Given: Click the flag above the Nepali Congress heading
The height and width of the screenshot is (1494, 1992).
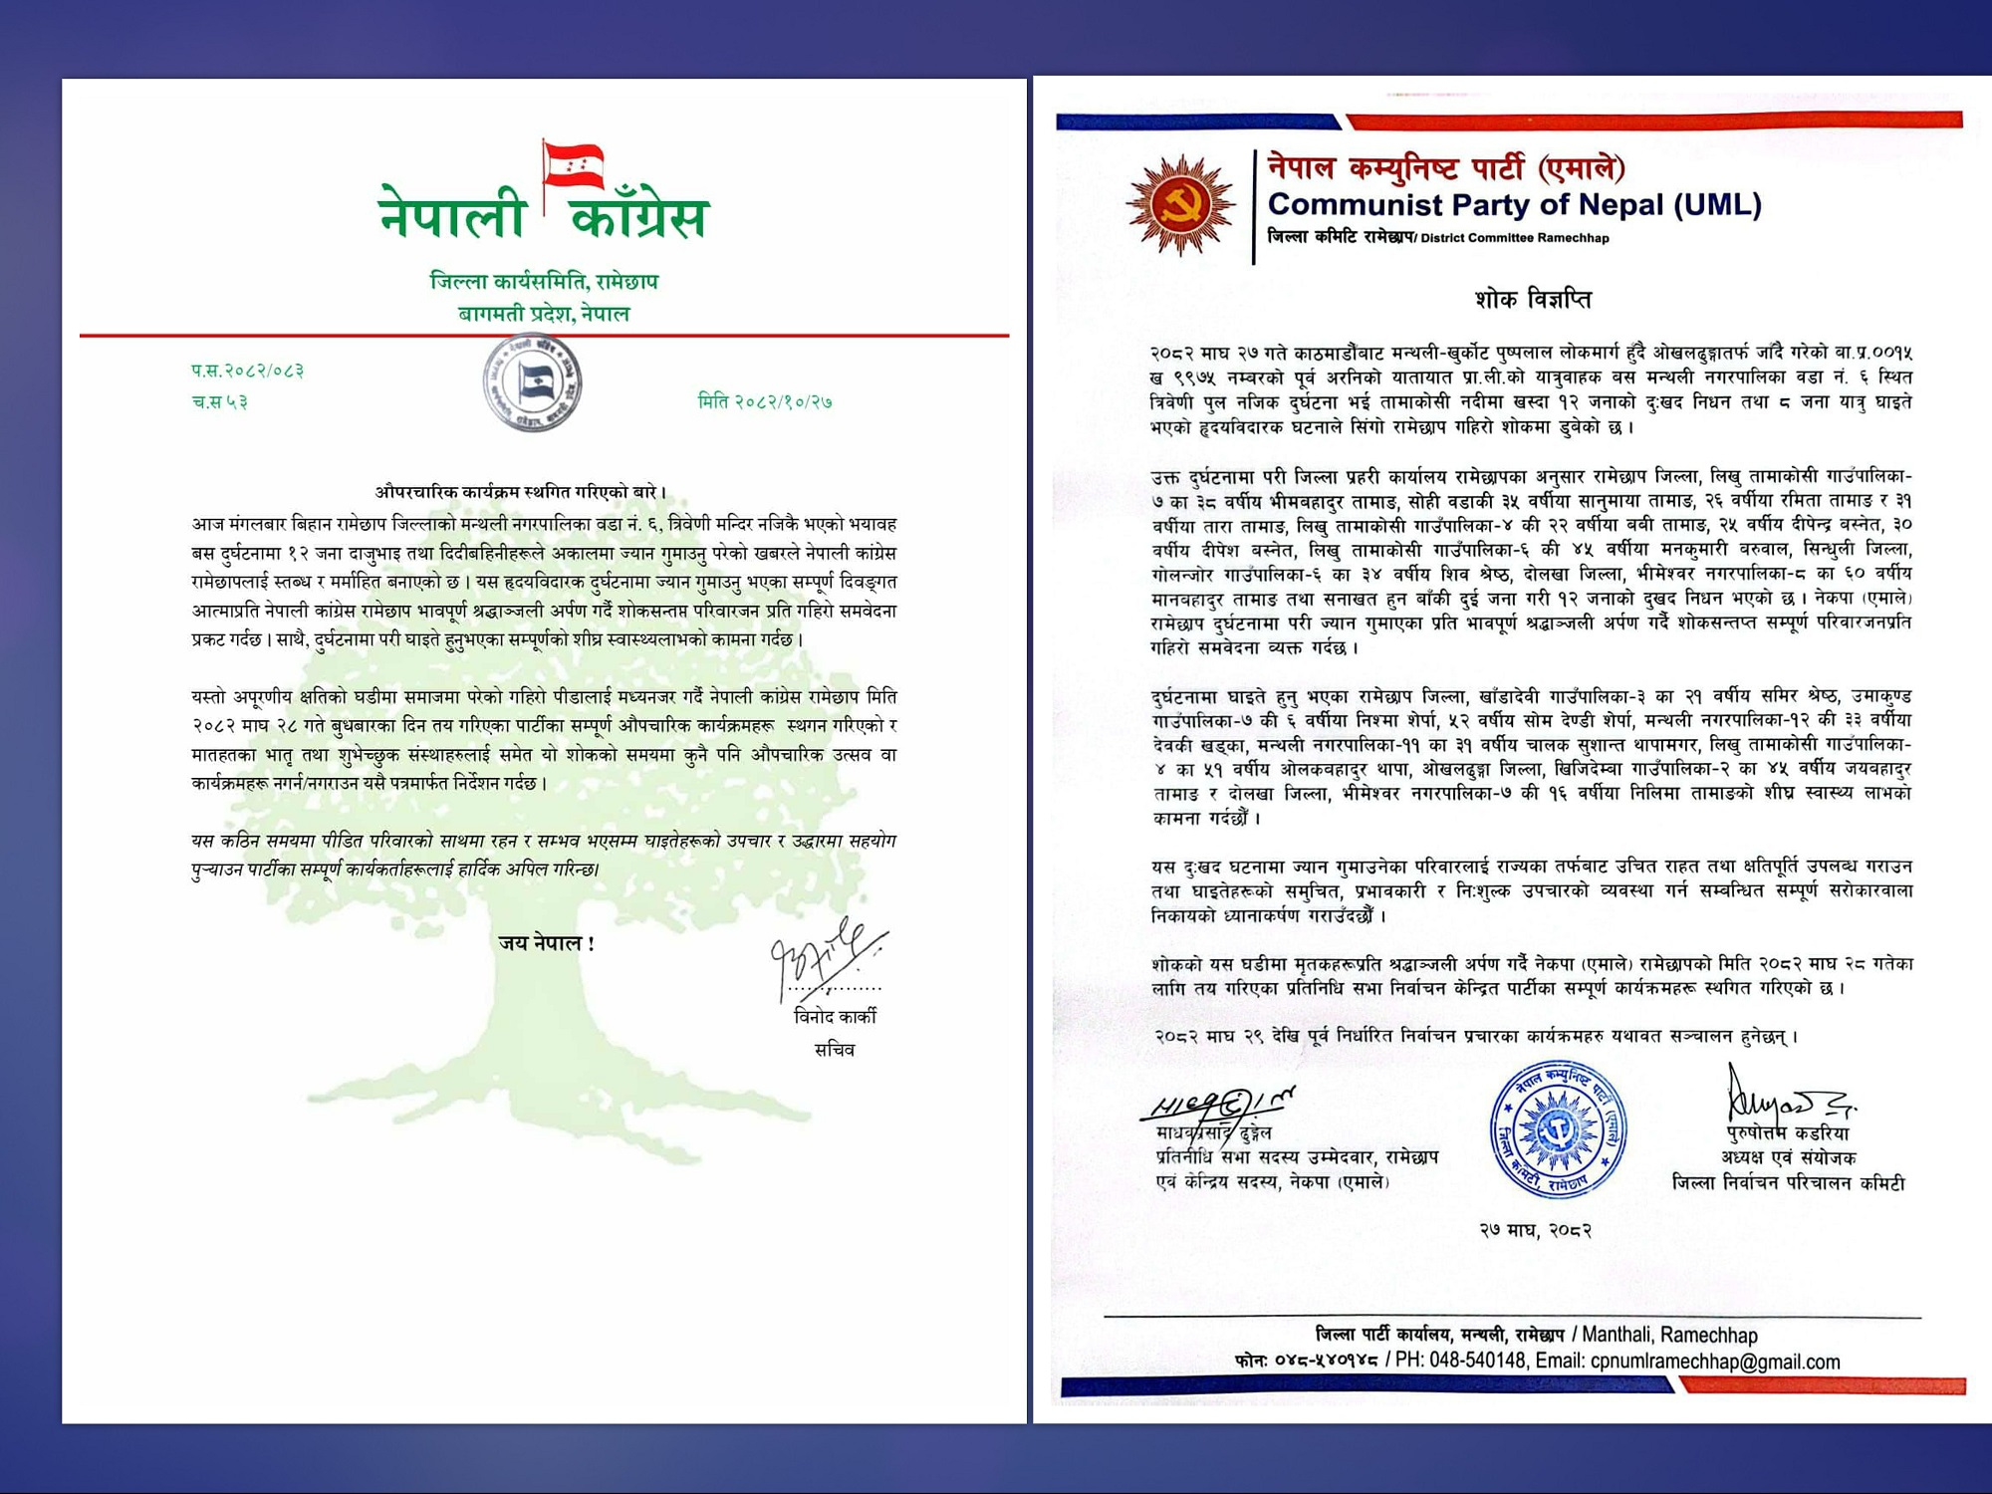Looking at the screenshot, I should point(575,165).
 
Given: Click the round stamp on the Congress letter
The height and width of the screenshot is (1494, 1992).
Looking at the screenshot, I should point(533,382).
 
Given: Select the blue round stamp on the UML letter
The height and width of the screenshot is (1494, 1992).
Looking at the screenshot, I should point(1559,1127).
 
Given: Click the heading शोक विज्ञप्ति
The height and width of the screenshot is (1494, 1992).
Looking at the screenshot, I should point(1534,299).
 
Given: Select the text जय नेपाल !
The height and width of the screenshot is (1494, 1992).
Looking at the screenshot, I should point(547,943).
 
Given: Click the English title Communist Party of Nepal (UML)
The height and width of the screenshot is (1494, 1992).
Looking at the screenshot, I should point(1514,205).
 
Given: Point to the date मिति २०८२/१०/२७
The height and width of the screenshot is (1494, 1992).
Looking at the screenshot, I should point(765,401).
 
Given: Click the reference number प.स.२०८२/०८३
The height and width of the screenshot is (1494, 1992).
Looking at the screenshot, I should point(248,371).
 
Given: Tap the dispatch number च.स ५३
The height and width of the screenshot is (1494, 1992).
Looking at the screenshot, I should point(220,401).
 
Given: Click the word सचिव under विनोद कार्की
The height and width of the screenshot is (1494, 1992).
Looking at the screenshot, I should point(835,1050).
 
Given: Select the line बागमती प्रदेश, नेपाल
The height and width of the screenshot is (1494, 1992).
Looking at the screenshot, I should point(544,314).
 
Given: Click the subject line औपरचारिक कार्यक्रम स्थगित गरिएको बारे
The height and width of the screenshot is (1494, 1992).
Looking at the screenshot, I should point(521,491).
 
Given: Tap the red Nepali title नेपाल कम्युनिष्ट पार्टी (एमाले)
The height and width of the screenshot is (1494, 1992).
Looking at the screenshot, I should point(1446,167).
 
